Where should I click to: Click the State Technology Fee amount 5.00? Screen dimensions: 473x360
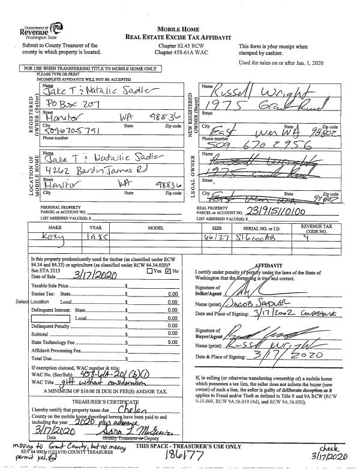coord(173,342)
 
